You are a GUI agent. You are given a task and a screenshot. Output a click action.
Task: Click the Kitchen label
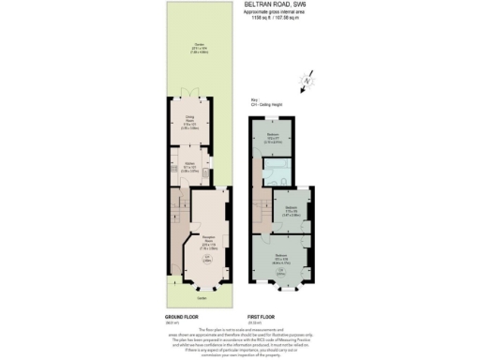[x=188, y=169]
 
